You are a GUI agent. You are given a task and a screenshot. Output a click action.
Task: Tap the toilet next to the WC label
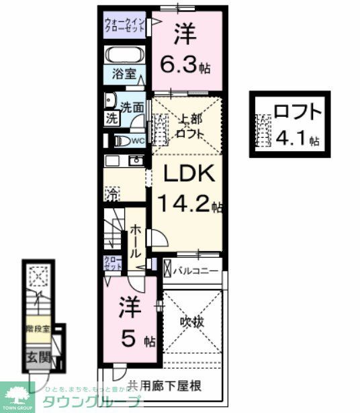122,140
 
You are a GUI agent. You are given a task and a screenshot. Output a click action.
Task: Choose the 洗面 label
132,106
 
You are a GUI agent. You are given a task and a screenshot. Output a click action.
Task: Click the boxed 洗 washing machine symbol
110,118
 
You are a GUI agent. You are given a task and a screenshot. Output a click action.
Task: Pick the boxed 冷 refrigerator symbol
111,195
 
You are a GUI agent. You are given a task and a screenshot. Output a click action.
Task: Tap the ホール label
135,242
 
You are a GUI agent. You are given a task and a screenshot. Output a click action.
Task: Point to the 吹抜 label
191,322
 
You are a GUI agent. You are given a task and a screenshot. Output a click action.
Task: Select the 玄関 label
38,357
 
